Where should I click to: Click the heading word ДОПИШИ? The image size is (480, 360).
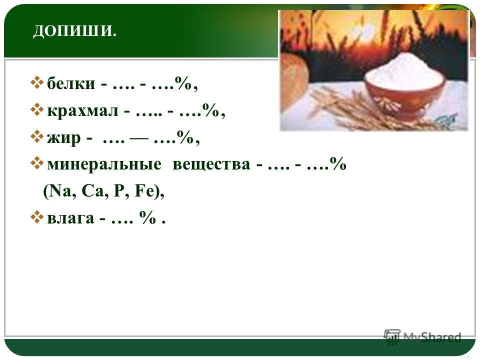point(74,30)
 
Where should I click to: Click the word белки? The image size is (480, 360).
point(71,83)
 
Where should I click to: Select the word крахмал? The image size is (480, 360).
point(82,110)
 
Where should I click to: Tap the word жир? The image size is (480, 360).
point(63,138)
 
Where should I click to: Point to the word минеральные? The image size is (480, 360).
point(104,164)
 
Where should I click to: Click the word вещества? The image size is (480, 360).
point(211,164)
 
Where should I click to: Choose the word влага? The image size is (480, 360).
point(70,218)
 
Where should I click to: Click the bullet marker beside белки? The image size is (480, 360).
point(36,82)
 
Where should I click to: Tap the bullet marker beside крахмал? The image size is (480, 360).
point(36,109)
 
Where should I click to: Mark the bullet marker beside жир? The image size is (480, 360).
point(36,136)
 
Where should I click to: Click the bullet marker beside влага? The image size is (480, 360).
point(36,217)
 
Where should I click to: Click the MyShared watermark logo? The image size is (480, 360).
point(423,337)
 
